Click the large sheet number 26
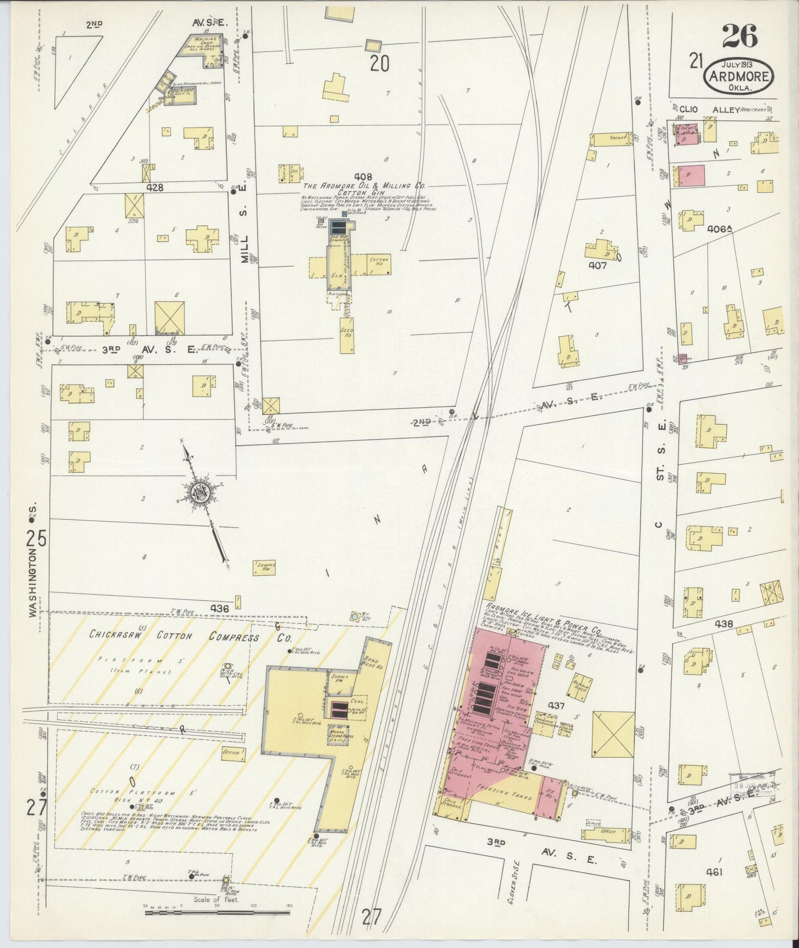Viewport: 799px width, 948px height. (x=740, y=37)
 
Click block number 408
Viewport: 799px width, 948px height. (x=363, y=177)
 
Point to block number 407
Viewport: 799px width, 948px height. (x=597, y=265)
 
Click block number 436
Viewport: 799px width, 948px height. (x=220, y=608)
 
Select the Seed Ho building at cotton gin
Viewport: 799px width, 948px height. (x=348, y=335)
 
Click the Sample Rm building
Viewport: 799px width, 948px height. (x=264, y=567)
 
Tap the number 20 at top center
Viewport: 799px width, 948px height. (x=379, y=64)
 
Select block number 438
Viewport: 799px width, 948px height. (x=724, y=624)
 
